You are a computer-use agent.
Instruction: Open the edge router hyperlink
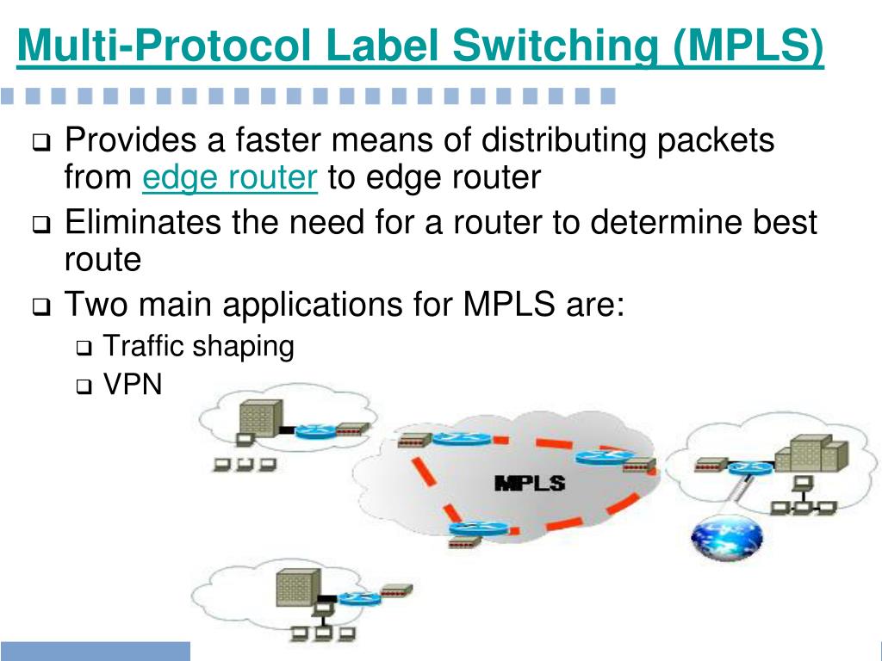[x=230, y=178]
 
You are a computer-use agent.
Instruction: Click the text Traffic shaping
[x=198, y=347]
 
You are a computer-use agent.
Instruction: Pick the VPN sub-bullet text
[x=132, y=385]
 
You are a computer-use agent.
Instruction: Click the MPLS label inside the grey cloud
[x=529, y=483]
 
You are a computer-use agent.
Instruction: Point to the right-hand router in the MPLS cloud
[x=603, y=457]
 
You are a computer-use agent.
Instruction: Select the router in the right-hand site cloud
[x=749, y=468]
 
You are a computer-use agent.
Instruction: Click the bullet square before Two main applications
[x=42, y=307]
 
